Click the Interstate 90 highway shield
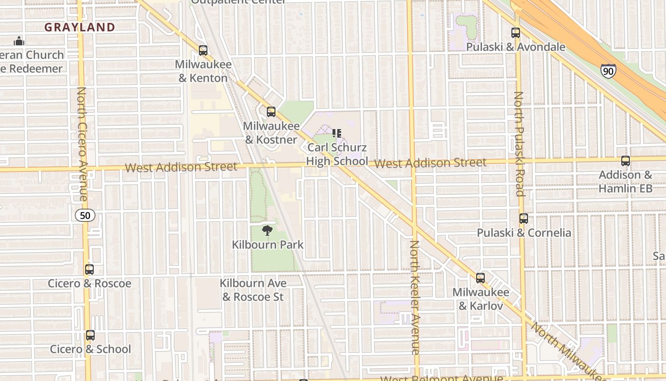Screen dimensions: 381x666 tap(607, 71)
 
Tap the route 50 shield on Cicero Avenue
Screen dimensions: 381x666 tap(85, 215)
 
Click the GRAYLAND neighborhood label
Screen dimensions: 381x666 tap(80, 28)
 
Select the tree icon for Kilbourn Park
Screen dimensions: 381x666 tap(267, 231)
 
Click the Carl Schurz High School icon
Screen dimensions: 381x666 tap(337, 133)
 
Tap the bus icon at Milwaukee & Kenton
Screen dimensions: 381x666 tap(203, 50)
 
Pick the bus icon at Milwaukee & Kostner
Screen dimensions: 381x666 tap(271, 112)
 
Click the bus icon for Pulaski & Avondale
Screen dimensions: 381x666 tap(516, 33)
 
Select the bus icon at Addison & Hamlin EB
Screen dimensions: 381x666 tap(626, 161)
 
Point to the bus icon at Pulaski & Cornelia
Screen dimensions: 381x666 tap(524, 219)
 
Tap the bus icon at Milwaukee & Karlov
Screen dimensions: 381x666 tap(480, 278)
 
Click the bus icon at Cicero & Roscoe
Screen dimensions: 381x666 tap(89, 270)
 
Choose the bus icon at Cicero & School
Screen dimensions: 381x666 tap(90, 335)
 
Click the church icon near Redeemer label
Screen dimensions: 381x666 tap(19, 41)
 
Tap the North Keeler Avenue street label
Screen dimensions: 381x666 tap(415, 298)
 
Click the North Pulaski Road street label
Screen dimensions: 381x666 tap(519, 144)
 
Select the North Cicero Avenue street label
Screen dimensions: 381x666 tap(82, 144)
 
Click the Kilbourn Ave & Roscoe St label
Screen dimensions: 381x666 tap(253, 290)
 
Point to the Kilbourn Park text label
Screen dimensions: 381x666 tap(268, 245)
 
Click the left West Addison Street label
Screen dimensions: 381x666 tap(181, 167)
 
